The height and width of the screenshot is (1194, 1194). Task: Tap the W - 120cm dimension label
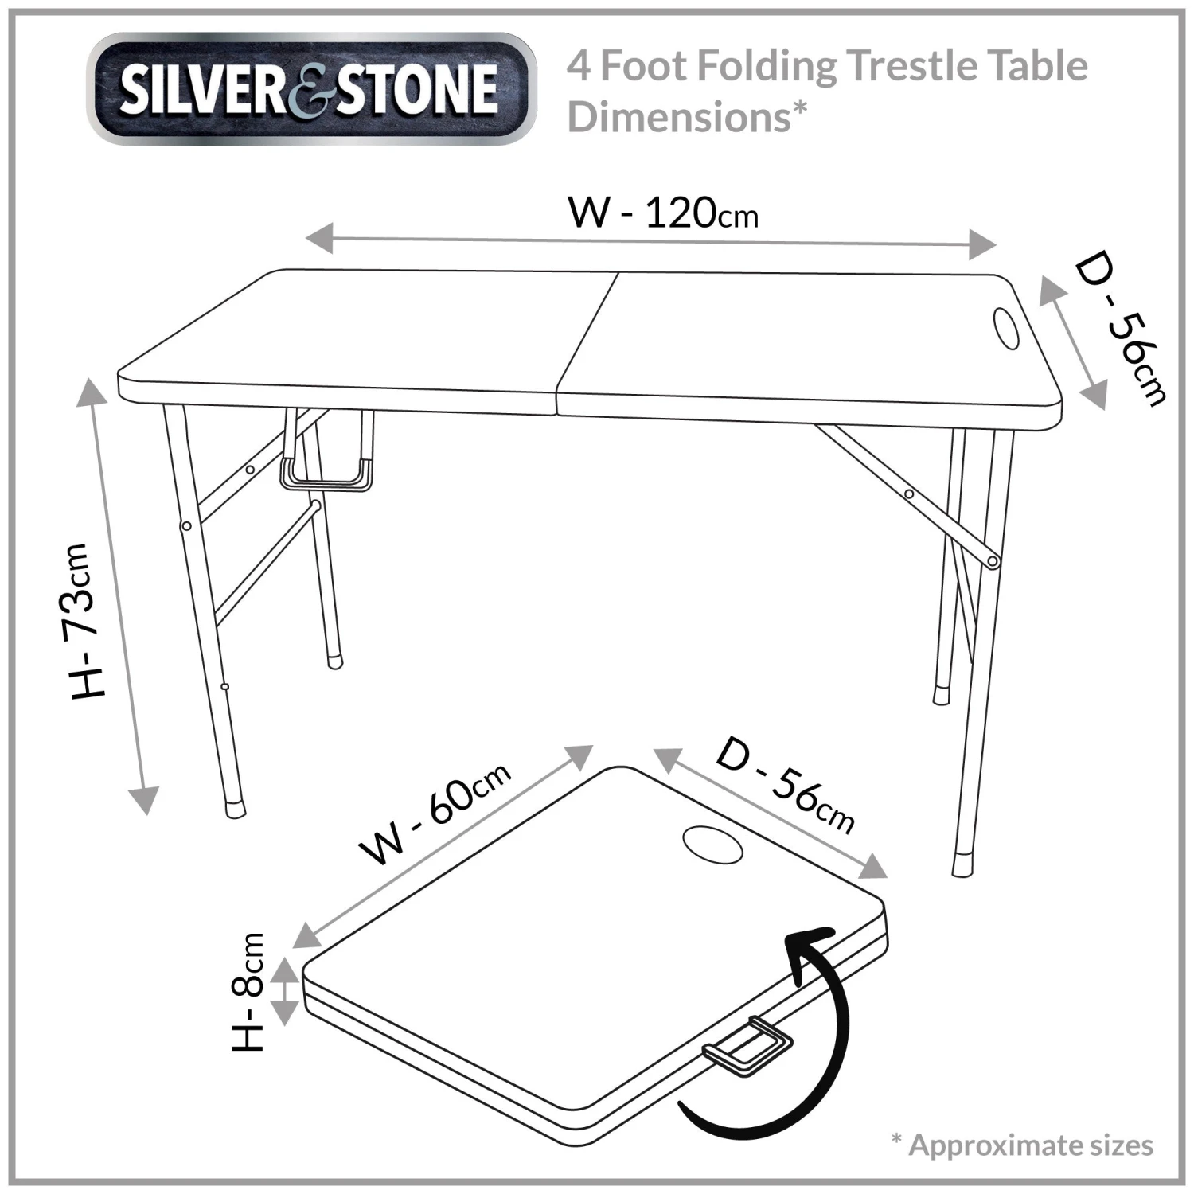coord(662,213)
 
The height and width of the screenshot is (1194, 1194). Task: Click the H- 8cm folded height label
coord(248,992)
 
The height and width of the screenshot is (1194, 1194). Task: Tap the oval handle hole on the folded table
coord(713,843)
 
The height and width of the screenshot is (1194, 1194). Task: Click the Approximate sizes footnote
coord(1022,1145)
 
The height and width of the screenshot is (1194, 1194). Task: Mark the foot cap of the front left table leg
coord(235,808)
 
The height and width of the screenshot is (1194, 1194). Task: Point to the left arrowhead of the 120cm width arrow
coord(319,238)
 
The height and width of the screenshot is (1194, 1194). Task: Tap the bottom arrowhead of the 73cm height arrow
coord(144,800)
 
